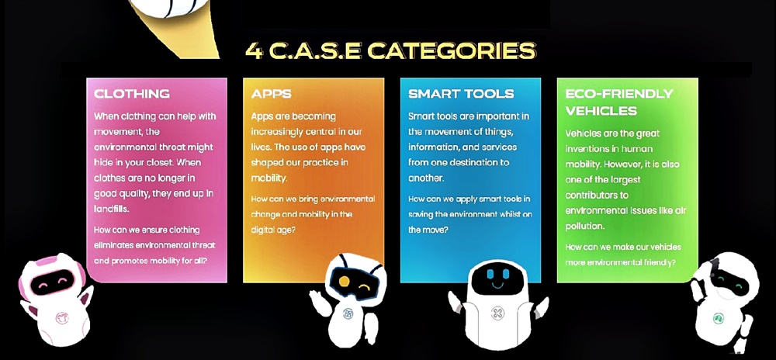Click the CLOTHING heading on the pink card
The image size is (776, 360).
(x=132, y=93)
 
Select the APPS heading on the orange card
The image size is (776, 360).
(x=271, y=93)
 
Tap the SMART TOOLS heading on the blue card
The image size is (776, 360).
(x=461, y=93)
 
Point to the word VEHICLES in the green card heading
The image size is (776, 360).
(x=601, y=110)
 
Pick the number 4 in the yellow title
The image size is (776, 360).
(x=254, y=50)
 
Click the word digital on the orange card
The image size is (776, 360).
(x=263, y=230)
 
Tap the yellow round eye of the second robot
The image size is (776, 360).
(x=344, y=282)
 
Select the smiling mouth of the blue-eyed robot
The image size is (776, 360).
(x=497, y=286)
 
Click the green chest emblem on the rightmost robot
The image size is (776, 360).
(x=719, y=318)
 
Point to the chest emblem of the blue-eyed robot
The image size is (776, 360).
(x=497, y=313)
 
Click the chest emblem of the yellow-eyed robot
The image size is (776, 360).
(x=348, y=313)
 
